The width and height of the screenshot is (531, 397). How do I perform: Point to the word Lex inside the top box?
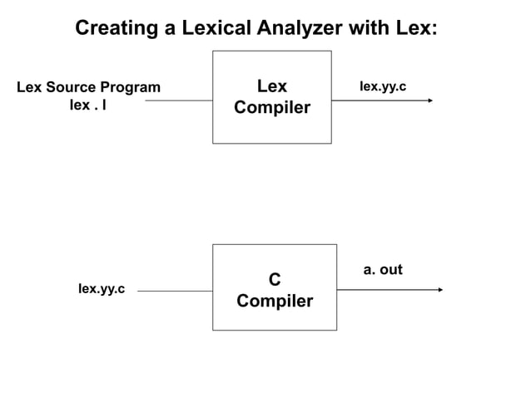pyautogui.click(x=272, y=87)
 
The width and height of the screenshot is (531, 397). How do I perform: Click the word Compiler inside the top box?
pyautogui.click(x=272, y=108)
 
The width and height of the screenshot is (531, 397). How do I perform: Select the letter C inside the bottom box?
pyautogui.click(x=275, y=280)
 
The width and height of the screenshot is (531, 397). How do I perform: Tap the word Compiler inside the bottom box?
pyautogui.click(x=275, y=301)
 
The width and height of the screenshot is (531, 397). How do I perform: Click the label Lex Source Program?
pyautogui.click(x=88, y=87)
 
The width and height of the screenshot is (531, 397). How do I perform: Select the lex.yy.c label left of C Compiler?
pyautogui.click(x=102, y=288)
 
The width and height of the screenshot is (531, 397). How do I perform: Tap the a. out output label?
pyautogui.click(x=383, y=269)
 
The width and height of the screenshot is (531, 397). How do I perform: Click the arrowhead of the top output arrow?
pyautogui.click(x=430, y=100)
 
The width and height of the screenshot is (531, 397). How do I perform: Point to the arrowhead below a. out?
pyautogui.click(x=440, y=290)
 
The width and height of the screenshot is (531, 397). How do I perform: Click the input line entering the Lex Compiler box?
pyautogui.click(x=179, y=100)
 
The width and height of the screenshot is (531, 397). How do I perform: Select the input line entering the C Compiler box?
pyautogui.click(x=175, y=291)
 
